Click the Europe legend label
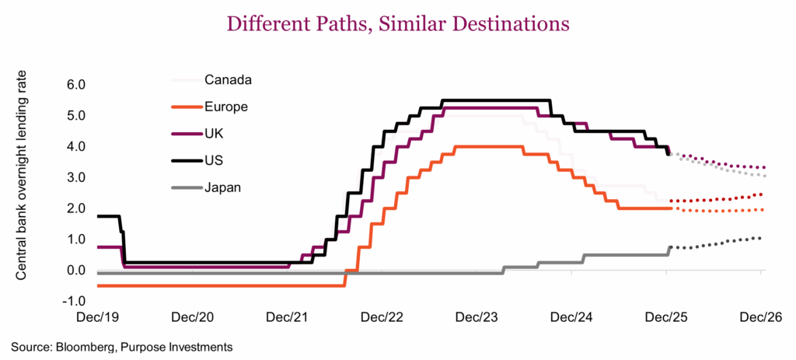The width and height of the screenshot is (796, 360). [x=226, y=107]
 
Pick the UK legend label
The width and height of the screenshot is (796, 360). [x=215, y=134]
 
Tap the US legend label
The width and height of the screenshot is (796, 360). [x=215, y=161]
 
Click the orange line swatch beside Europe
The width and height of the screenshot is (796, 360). [x=183, y=107]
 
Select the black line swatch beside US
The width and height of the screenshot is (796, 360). [x=183, y=161]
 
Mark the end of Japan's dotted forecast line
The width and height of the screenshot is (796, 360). [x=759, y=238]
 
